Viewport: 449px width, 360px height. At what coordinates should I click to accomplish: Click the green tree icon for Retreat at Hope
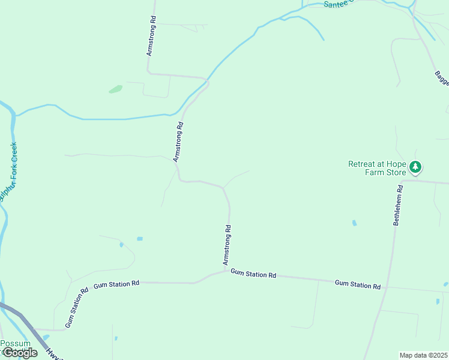[x=415, y=167]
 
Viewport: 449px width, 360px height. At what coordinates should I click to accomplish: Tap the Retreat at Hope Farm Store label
[x=377, y=169]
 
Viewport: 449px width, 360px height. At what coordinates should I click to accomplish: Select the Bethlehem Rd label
[x=398, y=205]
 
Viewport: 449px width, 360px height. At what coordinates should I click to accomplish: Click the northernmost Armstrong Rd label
[x=152, y=36]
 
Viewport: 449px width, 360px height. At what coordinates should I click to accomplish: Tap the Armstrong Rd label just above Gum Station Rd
[x=227, y=245]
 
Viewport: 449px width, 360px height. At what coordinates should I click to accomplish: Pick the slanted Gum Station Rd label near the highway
[x=77, y=307]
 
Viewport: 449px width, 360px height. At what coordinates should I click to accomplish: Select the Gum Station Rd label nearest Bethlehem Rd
[x=358, y=284]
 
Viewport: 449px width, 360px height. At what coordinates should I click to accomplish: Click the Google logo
[x=20, y=353]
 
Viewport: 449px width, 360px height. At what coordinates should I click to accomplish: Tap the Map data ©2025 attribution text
[x=423, y=355]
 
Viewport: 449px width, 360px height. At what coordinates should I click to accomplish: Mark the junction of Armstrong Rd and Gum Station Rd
[x=228, y=271]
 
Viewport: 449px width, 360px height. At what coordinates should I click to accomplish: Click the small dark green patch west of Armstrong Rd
[x=115, y=89]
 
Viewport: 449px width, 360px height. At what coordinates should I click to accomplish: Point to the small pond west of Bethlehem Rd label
[x=354, y=223]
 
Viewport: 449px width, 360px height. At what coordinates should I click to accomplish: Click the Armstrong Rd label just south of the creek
[x=178, y=142]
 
